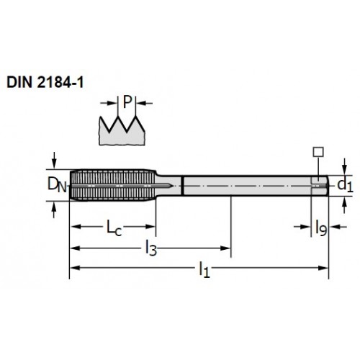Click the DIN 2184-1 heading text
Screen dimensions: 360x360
tap(45, 83)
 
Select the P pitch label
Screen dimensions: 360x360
tap(127, 102)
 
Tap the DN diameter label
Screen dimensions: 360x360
tap(57, 184)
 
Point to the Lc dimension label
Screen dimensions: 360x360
tap(114, 228)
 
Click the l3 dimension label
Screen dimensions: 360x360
tap(151, 248)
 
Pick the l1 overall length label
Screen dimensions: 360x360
tap(204, 269)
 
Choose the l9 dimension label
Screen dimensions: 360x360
tap(321, 228)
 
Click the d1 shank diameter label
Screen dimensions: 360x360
tap(345, 185)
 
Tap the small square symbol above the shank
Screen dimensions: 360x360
tap(318, 152)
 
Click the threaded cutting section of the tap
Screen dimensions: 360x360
tap(113, 185)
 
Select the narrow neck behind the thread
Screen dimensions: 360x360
tap(168, 186)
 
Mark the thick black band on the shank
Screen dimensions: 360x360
tap(183, 186)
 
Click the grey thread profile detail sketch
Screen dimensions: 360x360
tap(122, 131)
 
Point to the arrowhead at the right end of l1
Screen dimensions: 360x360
tap(323, 268)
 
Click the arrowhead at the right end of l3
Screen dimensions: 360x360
tap(225, 248)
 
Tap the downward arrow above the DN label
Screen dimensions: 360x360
tap(54, 161)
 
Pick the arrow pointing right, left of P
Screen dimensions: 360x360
tap(109, 103)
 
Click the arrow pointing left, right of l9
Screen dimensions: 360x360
tap(338, 227)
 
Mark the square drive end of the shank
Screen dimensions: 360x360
tap(320, 186)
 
